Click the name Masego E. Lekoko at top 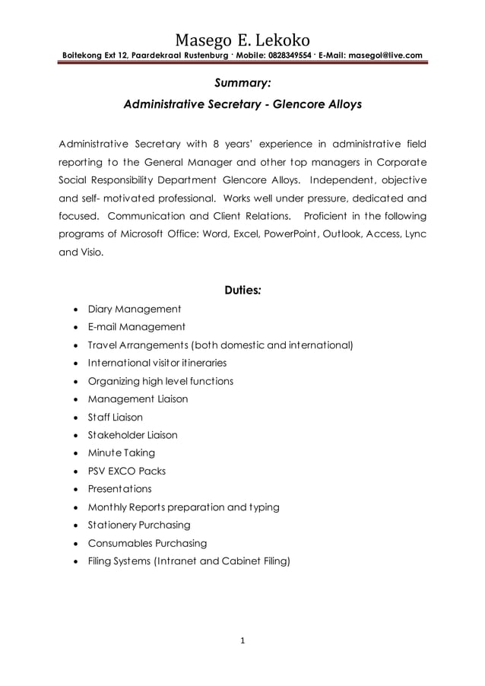(242, 40)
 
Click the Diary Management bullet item (134, 309)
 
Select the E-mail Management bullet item (136, 327)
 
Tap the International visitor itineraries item (157, 363)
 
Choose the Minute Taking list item (121, 453)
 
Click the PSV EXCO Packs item (126, 471)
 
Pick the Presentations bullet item (119, 489)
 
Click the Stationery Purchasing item (139, 525)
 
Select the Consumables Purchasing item (147, 543)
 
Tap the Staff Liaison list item (115, 417)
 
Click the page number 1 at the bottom (242, 640)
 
